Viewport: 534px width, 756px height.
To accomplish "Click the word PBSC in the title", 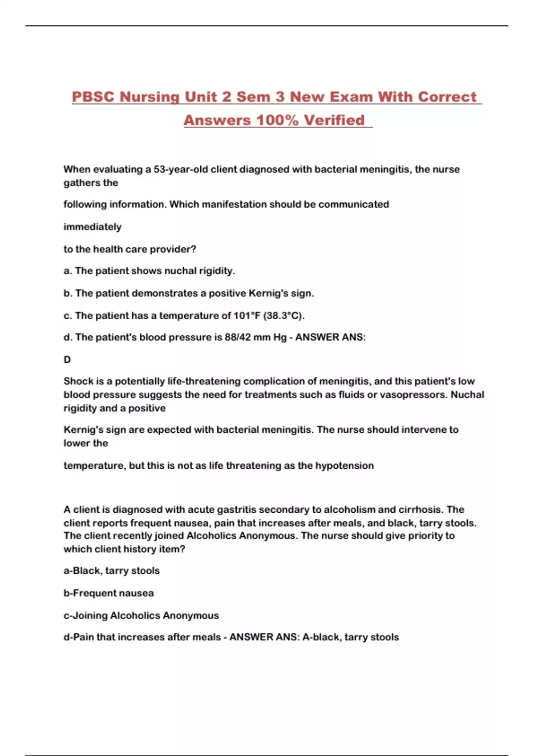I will tap(93, 97).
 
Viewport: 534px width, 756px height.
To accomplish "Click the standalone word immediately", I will tap(92, 227).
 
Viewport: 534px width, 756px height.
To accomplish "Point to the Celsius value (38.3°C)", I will tap(284, 316).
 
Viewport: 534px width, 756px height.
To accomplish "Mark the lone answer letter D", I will tap(67, 360).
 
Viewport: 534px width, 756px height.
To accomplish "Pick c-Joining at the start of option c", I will tap(85, 616).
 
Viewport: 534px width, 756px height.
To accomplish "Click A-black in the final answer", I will tap(321, 637).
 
